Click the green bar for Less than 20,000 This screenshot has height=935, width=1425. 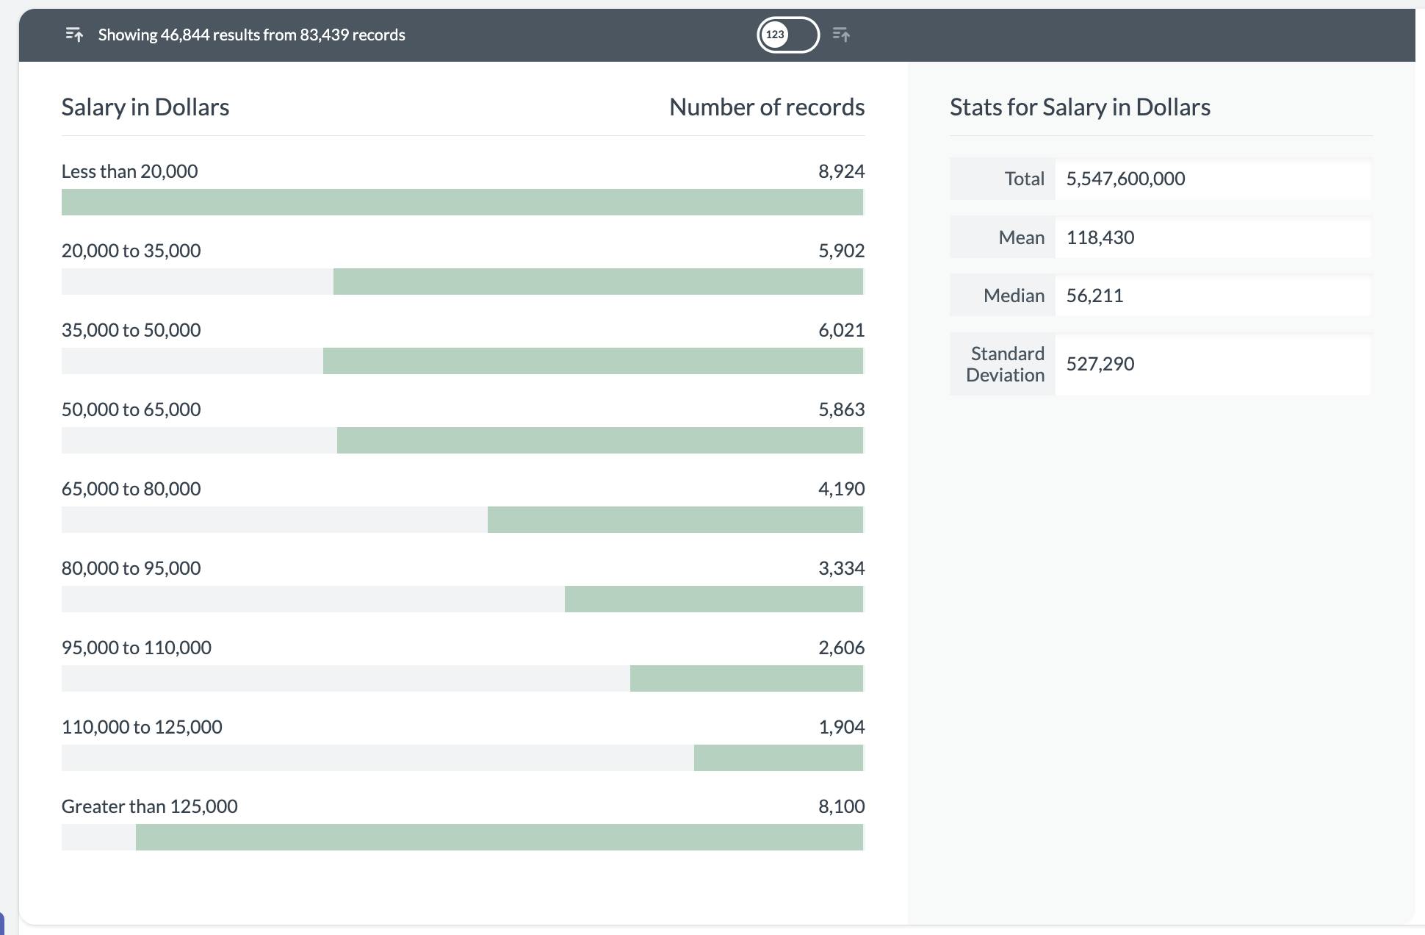(462, 202)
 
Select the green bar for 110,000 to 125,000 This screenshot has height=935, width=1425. (778, 758)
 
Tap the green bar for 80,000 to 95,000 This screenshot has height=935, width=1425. (713, 599)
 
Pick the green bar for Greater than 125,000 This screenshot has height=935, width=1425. (499, 837)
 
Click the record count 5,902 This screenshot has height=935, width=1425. (841, 251)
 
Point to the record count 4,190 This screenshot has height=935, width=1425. (841, 489)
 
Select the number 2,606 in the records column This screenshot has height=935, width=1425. (841, 648)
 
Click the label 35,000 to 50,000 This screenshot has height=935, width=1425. (131, 330)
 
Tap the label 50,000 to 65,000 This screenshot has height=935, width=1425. (131, 409)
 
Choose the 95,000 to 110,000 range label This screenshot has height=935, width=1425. (136, 648)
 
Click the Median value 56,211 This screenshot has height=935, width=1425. (1094, 295)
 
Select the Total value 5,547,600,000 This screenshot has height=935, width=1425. (1125, 179)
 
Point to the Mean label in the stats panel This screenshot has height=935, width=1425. (1021, 237)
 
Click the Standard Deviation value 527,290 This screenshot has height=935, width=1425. (1100, 364)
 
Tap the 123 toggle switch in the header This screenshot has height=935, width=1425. (787, 35)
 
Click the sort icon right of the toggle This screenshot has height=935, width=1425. (842, 35)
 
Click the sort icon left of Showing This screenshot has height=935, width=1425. (74, 35)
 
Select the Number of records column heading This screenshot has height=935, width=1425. (766, 107)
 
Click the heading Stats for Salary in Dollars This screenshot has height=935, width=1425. (1080, 107)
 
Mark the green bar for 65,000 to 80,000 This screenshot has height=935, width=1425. (674, 520)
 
